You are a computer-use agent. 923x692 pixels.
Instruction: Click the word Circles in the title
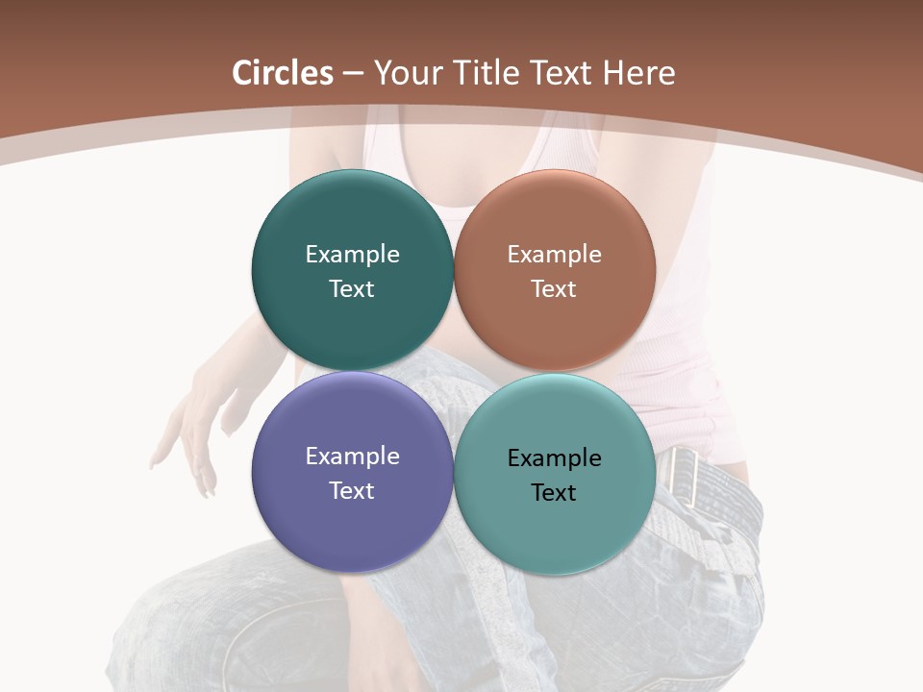[283, 73]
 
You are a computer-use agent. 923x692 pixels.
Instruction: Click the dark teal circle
[352, 216]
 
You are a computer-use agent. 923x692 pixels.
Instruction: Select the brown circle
[555, 216]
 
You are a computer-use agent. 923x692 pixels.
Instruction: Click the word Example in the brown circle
[554, 255]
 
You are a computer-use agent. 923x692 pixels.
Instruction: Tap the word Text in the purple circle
[352, 490]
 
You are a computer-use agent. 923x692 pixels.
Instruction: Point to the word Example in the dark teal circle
[352, 255]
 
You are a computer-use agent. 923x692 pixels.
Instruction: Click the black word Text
[554, 493]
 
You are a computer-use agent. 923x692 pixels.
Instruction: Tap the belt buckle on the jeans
[685, 475]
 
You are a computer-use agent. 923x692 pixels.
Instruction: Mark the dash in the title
[353, 73]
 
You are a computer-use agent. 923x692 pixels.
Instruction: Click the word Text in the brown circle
[554, 288]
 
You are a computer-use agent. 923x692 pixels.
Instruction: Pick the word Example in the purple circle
[352, 457]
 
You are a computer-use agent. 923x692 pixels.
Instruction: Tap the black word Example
[554, 458]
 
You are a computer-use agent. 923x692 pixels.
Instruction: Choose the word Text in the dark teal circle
[352, 288]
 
